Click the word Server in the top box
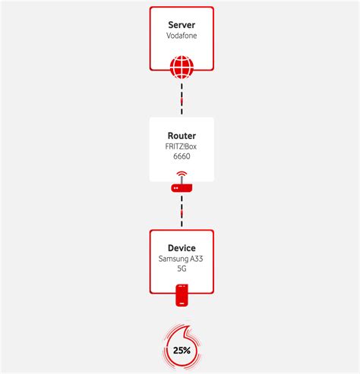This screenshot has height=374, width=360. [182, 25]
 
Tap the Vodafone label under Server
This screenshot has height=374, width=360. [182, 36]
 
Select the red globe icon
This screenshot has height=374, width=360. [182, 68]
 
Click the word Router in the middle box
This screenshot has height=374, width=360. [182, 136]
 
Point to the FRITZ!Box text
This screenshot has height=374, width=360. [182, 146]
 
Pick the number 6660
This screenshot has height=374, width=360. [182, 157]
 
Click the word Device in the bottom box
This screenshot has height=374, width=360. [182, 248]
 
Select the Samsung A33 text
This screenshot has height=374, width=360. [182, 259]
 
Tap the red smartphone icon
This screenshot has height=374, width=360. [182, 295]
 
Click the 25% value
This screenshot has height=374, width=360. [182, 350]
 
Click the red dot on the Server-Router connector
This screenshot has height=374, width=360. [182, 99]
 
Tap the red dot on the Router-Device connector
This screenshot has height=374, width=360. [182, 213]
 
